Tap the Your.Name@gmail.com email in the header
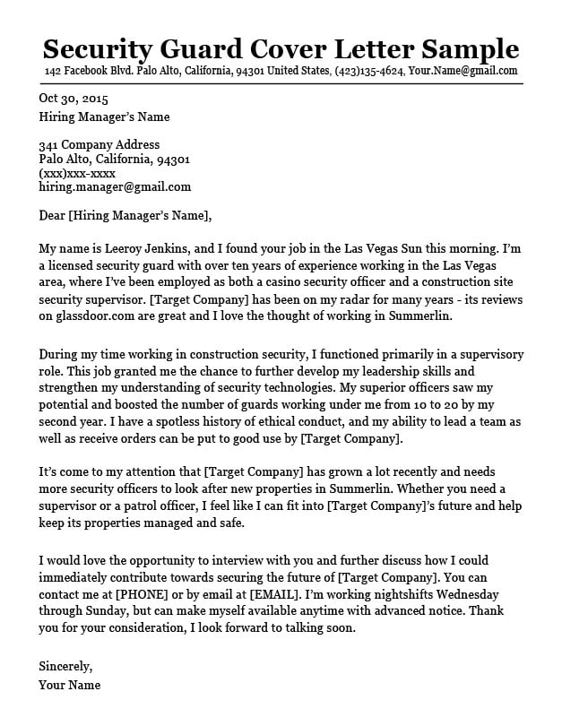coord(463,71)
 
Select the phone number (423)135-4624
coord(369,71)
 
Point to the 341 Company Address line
coord(99,145)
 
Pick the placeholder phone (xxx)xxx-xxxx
coord(77,173)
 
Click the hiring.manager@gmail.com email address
coord(115,187)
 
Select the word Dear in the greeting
coord(52,215)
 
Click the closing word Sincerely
coord(65,666)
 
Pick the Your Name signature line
coord(69,686)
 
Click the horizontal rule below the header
coord(281,83)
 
